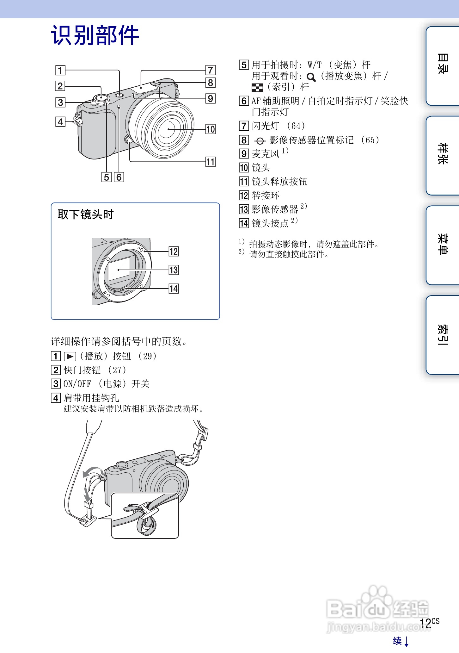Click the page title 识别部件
95,35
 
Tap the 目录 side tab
442,65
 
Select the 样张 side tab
442,155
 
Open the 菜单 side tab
442,245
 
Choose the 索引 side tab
442,335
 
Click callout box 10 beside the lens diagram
211,129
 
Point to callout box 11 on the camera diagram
211,162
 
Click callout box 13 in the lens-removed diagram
174,270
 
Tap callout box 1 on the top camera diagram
60,70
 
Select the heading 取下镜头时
86,215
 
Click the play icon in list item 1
70,357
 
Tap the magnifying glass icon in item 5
311,77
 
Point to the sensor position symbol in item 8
260,141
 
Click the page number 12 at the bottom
425,623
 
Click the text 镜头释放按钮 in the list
279,182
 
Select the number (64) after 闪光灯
296,126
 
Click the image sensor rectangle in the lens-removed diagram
119,269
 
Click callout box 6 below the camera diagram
119,177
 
